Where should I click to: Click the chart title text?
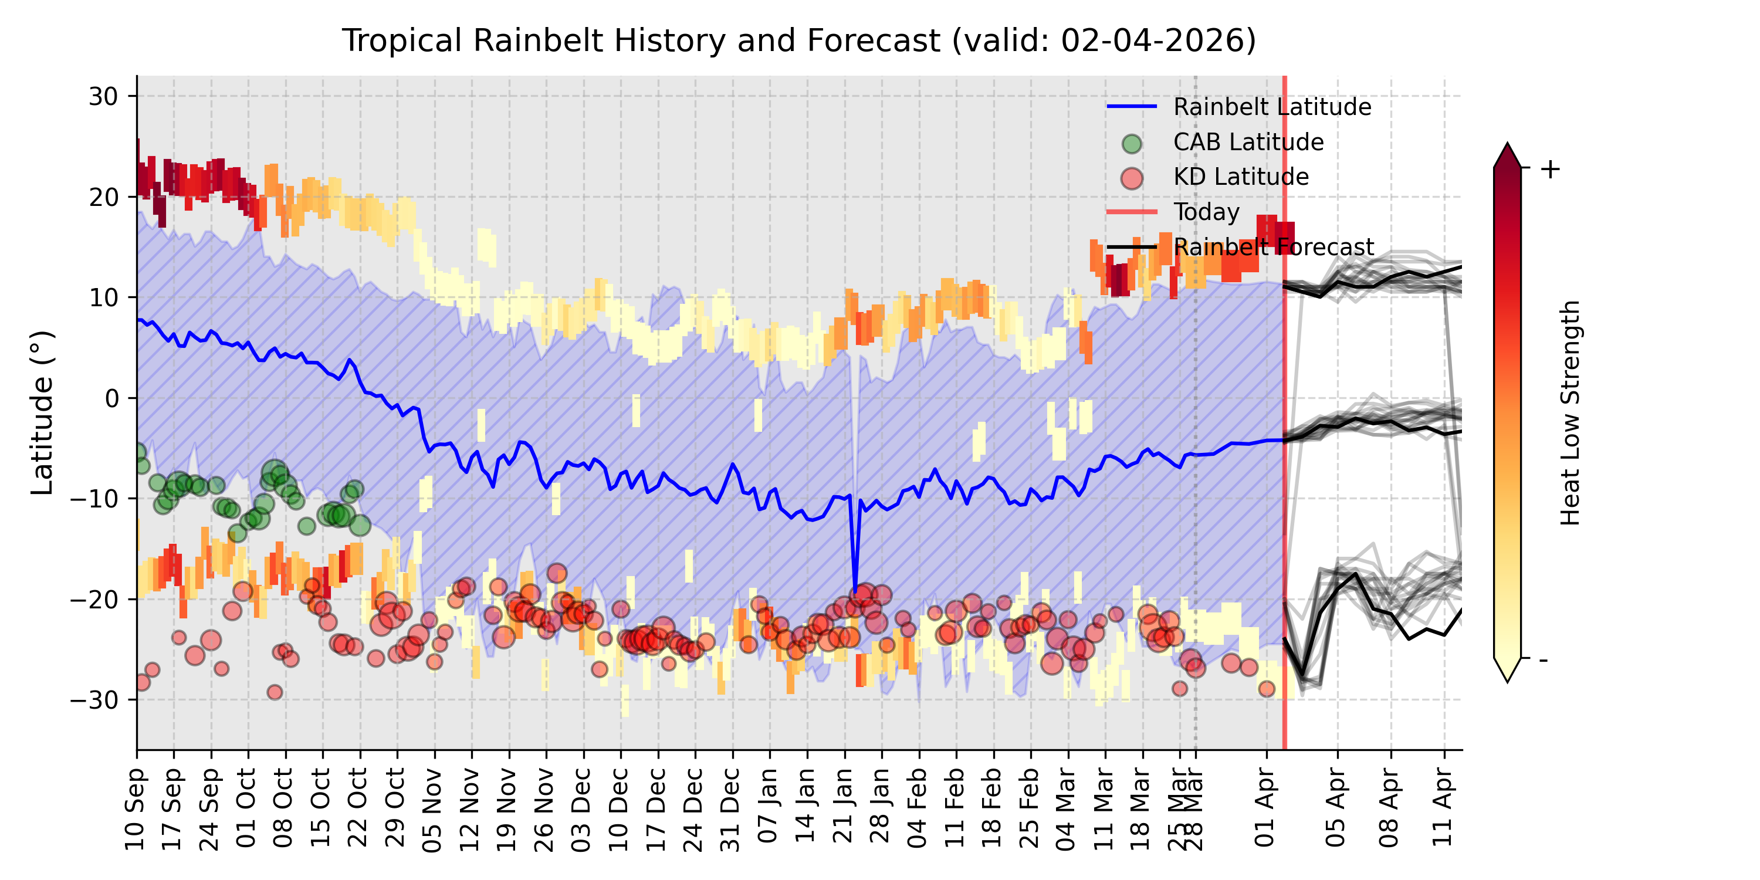click(798, 41)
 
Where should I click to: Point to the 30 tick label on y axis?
click(103, 97)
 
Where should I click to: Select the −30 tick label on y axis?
click(94, 700)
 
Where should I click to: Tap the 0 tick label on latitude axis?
click(111, 398)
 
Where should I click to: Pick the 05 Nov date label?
click(432, 809)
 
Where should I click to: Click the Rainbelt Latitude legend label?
click(1271, 107)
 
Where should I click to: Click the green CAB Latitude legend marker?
click(1132, 144)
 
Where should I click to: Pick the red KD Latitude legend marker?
click(1132, 178)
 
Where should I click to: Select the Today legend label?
click(1206, 212)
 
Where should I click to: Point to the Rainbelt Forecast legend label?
click(1273, 248)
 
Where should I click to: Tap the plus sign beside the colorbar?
click(1550, 170)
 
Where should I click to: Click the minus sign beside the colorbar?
click(1544, 660)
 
